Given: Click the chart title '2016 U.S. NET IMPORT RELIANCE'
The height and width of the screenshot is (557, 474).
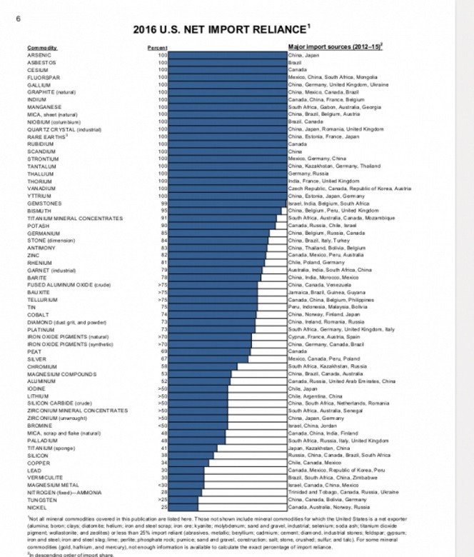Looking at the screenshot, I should [218, 30].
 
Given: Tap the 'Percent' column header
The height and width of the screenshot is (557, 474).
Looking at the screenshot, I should [157, 48].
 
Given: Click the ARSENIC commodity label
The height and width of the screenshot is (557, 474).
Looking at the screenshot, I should [39, 55].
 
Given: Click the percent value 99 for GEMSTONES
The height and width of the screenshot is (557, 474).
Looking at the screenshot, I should [163, 204].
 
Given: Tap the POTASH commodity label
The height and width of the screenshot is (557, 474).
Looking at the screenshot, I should [39, 226].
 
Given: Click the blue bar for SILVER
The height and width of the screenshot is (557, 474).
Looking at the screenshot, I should [208, 358].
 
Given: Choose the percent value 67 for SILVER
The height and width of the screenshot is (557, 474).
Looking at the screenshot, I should [163, 358].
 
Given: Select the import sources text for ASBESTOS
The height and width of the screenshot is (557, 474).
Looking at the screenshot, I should [294, 62].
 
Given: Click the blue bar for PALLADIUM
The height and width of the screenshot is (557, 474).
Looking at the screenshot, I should [193, 441].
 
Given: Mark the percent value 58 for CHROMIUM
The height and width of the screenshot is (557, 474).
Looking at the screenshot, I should [163, 366].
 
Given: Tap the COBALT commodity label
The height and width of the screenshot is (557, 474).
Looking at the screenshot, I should [38, 314].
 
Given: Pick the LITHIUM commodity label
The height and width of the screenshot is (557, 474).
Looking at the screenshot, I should [38, 396].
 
